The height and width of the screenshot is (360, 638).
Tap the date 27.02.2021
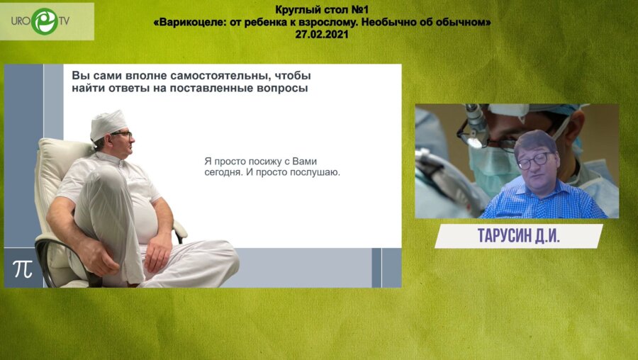pyautogui.click(x=323, y=33)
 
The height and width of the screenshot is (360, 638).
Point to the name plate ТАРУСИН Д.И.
pyautogui.click(x=517, y=237)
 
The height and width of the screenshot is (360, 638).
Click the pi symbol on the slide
pyautogui.click(x=22, y=269)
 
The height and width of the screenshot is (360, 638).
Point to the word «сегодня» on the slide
pyautogui.click(x=216, y=171)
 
